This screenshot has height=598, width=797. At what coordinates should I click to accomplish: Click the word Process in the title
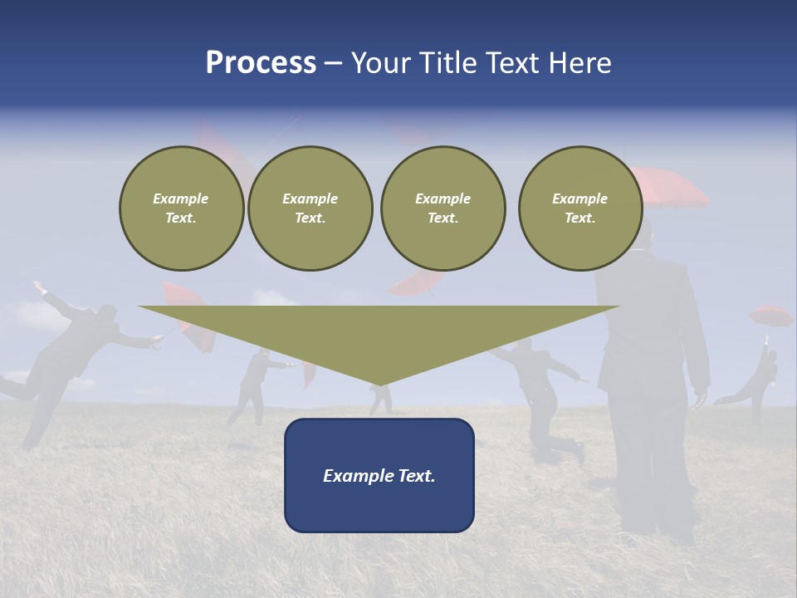click(261, 63)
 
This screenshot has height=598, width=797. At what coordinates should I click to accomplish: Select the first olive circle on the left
click(181, 208)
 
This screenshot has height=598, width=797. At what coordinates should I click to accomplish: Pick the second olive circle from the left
click(310, 208)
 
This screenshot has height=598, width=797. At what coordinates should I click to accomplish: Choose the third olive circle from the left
click(443, 208)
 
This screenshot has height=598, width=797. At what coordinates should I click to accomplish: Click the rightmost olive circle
click(579, 208)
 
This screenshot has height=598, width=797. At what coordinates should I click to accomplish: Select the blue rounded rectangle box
click(379, 475)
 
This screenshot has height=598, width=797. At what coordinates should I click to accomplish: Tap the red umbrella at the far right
click(770, 316)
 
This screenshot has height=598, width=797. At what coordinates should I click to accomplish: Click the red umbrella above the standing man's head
click(668, 187)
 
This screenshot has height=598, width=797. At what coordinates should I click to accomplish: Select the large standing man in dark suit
click(652, 374)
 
